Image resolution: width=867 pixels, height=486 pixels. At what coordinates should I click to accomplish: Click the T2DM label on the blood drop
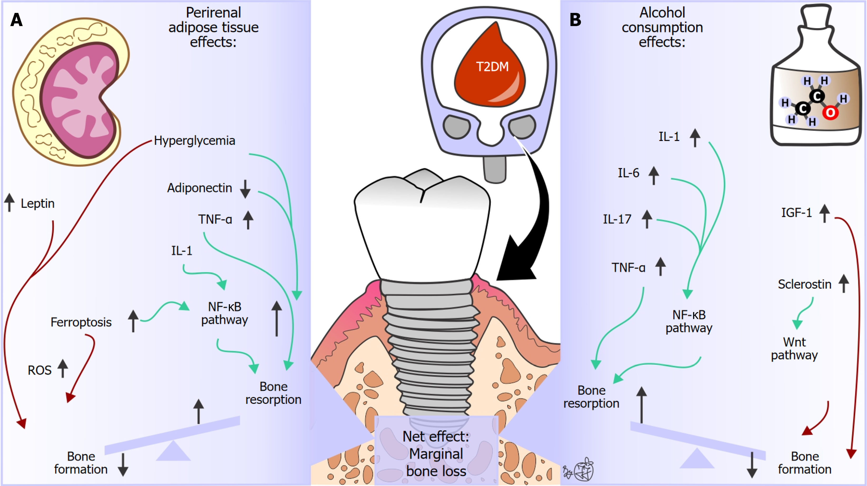click(492, 67)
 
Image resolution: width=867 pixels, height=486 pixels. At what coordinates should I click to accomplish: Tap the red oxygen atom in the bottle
click(830, 113)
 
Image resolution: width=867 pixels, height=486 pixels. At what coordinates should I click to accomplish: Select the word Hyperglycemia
click(194, 141)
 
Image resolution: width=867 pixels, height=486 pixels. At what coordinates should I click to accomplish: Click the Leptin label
click(37, 204)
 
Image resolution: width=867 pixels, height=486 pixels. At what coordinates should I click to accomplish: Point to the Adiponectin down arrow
click(245, 189)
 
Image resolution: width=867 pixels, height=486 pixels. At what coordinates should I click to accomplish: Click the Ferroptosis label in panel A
click(81, 322)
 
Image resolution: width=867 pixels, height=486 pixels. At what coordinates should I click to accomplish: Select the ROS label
click(39, 370)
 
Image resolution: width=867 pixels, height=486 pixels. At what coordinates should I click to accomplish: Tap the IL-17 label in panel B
click(617, 219)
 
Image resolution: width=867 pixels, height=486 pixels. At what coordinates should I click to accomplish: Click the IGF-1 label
click(796, 212)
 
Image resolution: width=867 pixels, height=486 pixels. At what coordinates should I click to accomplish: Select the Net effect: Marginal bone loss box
click(436, 453)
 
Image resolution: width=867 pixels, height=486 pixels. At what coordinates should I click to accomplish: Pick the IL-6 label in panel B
click(628, 173)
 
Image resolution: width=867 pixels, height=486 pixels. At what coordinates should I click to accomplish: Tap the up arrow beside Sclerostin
click(844, 283)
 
